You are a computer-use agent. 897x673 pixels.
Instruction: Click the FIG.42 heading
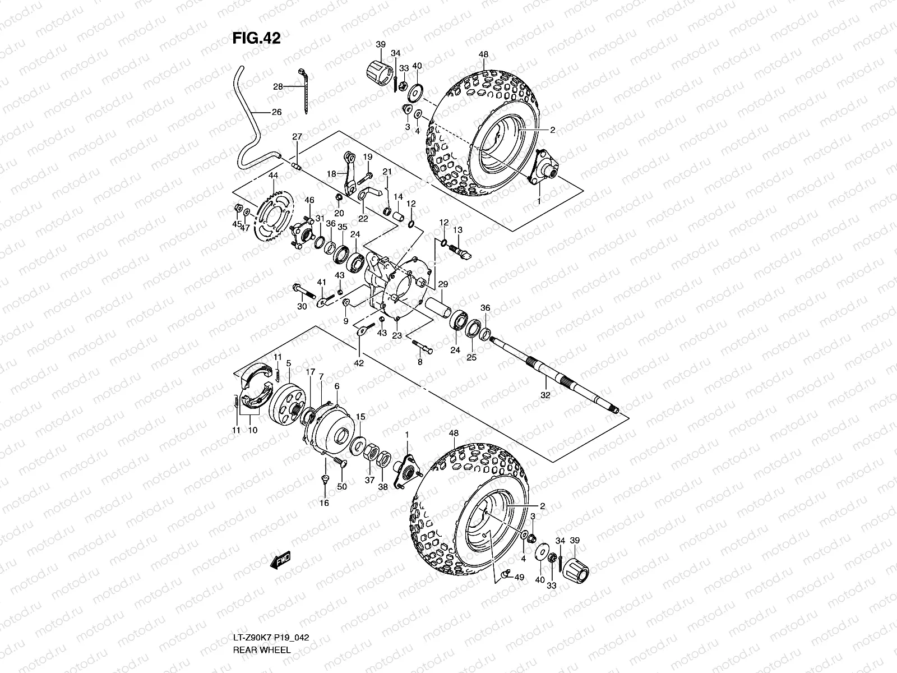(256, 38)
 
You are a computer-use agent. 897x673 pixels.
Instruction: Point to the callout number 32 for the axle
(545, 395)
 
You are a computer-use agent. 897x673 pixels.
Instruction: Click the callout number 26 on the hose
(276, 112)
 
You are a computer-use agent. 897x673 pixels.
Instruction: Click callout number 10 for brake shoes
(252, 430)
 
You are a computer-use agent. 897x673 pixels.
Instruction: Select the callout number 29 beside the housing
(443, 284)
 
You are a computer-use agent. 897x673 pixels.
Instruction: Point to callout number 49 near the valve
(519, 577)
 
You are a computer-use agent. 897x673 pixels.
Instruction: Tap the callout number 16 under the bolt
(324, 503)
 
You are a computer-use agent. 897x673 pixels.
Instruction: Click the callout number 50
(342, 487)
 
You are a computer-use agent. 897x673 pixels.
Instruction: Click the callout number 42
(359, 363)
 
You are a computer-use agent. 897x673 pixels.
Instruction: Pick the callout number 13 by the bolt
(457, 230)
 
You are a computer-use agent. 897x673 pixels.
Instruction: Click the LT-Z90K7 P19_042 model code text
(271, 638)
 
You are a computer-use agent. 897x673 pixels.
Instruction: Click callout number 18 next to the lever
(331, 174)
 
